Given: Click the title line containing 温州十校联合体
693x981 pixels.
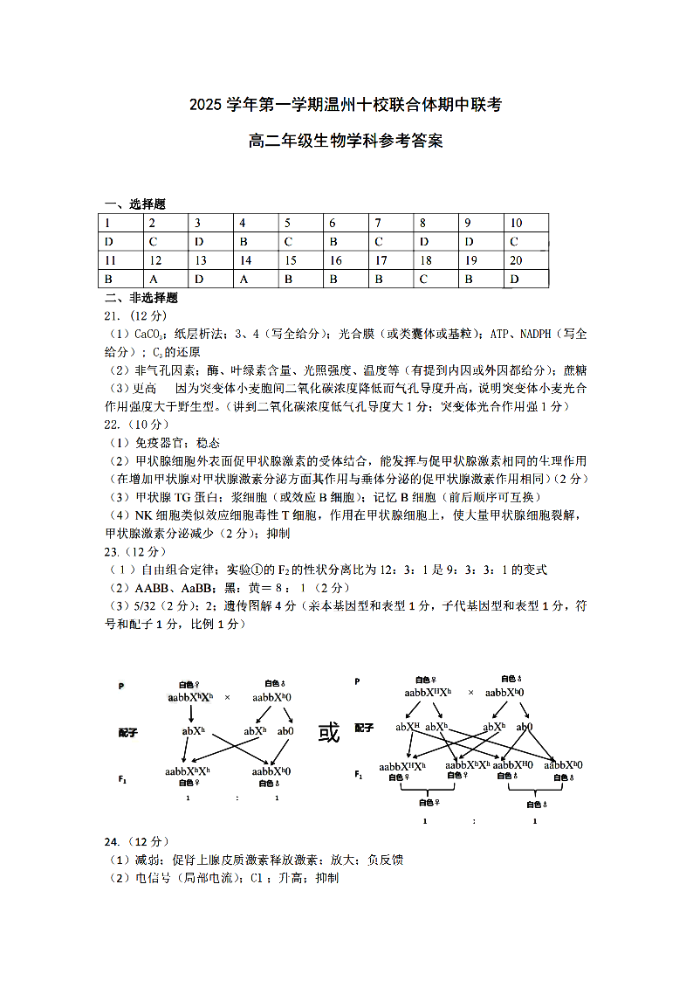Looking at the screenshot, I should pos(346,106).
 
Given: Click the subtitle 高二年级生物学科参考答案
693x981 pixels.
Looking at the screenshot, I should pos(346,141).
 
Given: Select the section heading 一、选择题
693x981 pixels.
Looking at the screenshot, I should pos(135,204).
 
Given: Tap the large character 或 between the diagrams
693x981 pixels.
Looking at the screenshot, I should pos(329,732).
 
